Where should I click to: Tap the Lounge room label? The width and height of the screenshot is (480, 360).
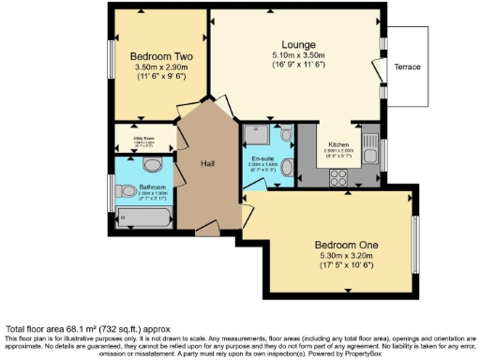298,44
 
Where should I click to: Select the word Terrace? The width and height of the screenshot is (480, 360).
407,67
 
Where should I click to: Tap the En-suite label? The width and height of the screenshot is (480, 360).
263,159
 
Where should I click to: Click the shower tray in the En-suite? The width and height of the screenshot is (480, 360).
256,135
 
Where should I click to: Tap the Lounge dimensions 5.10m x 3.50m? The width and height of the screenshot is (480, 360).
298,55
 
